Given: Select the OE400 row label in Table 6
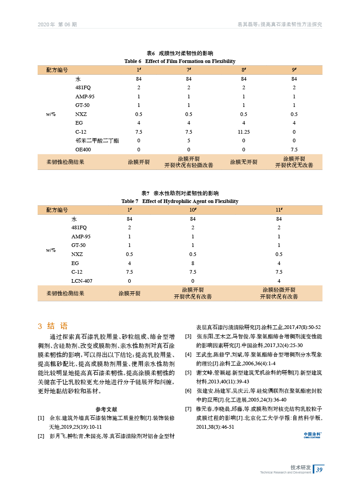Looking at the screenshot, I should tap(83, 150).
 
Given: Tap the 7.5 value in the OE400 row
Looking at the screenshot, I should tap(294, 150).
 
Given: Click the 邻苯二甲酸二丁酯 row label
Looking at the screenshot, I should tap(97, 141).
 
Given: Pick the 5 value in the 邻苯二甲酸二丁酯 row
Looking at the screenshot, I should tap(189, 141).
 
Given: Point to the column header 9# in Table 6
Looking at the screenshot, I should tap(294, 70).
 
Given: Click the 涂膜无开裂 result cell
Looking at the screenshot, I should tap(243, 162).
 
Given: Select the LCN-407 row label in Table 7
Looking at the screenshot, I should tap(82, 281).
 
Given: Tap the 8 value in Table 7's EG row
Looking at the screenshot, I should tap(193, 263).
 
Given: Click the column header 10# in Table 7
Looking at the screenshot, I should tap(193, 210).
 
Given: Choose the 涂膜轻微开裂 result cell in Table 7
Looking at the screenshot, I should tap(279, 293).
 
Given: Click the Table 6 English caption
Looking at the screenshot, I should tap(180, 61).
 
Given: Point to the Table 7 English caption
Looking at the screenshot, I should tap(180, 201).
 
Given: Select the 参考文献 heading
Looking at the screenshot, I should tap(107, 409).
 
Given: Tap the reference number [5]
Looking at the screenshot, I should tap(189, 372).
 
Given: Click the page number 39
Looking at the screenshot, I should tap(319, 469).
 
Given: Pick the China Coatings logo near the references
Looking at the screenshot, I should tap(312, 435).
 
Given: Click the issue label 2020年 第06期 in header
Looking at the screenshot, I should tap(57, 24).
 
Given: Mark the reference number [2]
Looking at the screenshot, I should tap(41, 436).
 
